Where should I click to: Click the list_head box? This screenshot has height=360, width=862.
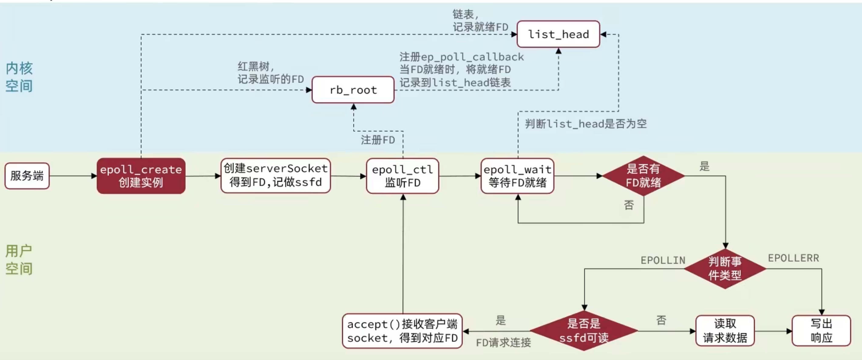tap(558, 34)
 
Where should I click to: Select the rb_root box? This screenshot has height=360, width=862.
tap(353, 90)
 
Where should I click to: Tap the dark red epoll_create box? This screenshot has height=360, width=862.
tap(141, 176)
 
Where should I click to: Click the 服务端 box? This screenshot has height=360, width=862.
tap(27, 176)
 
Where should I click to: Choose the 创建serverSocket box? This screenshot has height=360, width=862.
tap(276, 176)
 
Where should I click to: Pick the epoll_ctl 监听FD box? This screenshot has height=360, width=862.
tap(402, 176)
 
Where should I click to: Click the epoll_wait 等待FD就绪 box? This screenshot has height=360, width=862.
tap(517, 176)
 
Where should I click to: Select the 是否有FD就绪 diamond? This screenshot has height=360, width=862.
tap(643, 176)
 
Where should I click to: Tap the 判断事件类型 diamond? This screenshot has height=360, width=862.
tap(725, 269)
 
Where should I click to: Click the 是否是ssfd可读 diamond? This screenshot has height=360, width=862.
tap(584, 331)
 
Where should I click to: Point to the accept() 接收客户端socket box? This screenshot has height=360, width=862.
tap(402, 331)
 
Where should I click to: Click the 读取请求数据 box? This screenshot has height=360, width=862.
tap(725, 331)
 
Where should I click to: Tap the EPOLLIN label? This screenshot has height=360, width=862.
tap(663, 260)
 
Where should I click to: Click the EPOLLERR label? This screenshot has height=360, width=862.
tap(793, 258)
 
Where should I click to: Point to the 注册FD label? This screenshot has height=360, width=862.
tap(378, 140)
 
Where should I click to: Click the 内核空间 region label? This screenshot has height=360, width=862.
tap(19, 77)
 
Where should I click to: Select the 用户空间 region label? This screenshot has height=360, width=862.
tap(19, 260)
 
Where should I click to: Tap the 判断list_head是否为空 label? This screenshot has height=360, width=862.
tap(585, 124)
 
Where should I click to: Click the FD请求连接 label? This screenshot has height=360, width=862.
tap(503, 343)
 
